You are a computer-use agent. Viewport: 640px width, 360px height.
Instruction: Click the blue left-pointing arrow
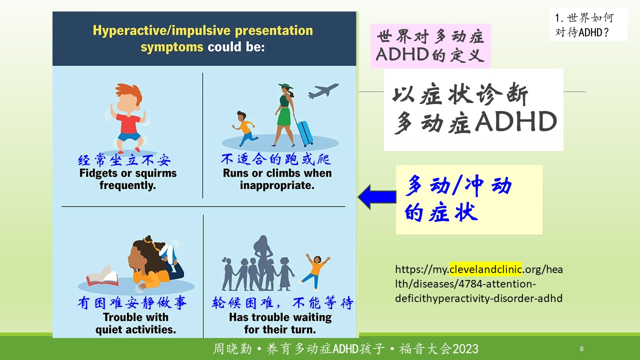pos(377,197)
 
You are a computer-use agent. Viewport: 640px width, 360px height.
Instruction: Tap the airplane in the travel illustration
pos(323,91)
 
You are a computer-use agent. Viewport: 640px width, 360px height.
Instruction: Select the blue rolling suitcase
pos(305,133)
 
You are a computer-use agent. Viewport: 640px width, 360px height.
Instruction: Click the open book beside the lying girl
pos(102,275)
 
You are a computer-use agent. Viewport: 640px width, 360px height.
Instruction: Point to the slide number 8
pos(581,348)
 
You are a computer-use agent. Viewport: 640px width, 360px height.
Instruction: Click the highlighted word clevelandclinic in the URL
pos(485,269)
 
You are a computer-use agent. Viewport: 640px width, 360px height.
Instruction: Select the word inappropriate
pos(277,185)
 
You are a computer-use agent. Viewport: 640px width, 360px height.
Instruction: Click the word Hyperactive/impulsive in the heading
pos(161,30)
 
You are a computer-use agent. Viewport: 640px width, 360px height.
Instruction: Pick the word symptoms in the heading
pos(171,47)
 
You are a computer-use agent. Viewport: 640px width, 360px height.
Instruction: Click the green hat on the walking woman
pos(285,85)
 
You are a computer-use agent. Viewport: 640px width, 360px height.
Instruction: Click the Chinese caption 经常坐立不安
pos(124,160)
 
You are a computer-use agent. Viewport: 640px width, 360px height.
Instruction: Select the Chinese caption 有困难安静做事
pos(132,302)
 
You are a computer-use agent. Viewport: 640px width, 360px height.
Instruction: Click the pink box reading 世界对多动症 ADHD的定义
pos(430,46)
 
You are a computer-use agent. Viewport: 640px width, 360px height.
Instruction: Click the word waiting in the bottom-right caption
pos(312,317)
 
